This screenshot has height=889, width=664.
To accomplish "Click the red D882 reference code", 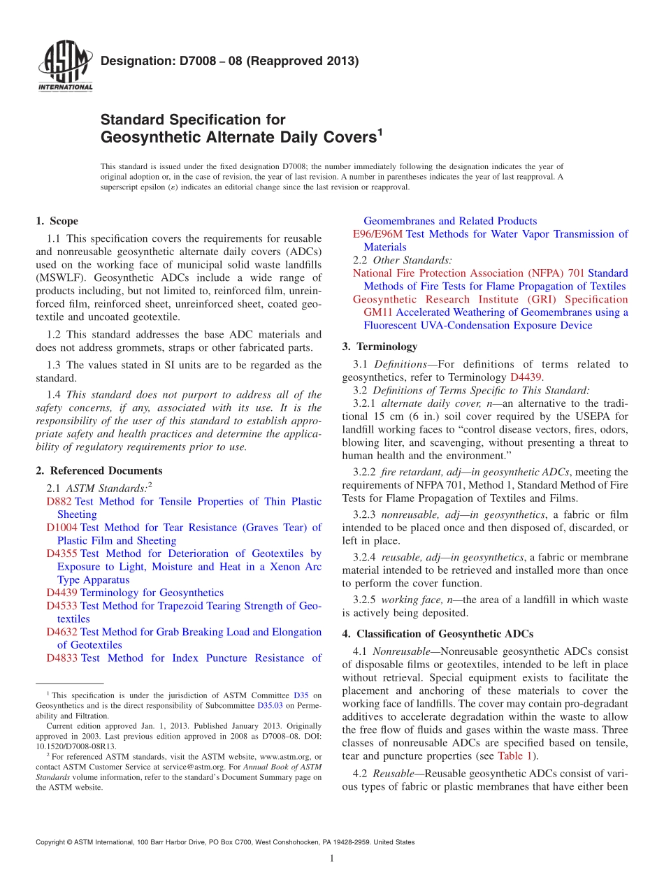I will click(x=59, y=502).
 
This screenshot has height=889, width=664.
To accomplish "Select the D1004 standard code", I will click(x=62, y=528).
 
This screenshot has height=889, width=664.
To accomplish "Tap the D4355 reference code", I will click(x=62, y=554).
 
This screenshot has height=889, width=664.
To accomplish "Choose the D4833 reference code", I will click(x=62, y=658).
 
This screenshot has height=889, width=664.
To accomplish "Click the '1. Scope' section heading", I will click(x=57, y=222).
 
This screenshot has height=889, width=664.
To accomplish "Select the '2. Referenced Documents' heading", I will click(x=99, y=471).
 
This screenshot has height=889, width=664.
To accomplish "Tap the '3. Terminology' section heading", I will click(x=380, y=347).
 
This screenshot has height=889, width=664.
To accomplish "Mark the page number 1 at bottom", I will click(x=332, y=859).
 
